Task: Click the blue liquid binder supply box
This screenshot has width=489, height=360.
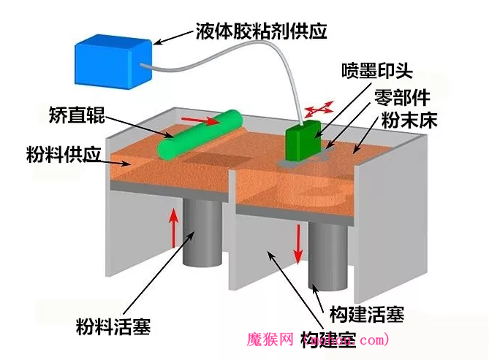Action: [x=114, y=55]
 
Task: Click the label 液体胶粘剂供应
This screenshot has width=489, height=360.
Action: [x=261, y=31]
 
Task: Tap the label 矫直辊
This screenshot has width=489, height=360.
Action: [x=72, y=115]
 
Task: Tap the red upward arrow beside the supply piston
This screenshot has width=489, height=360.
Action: [x=174, y=226]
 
